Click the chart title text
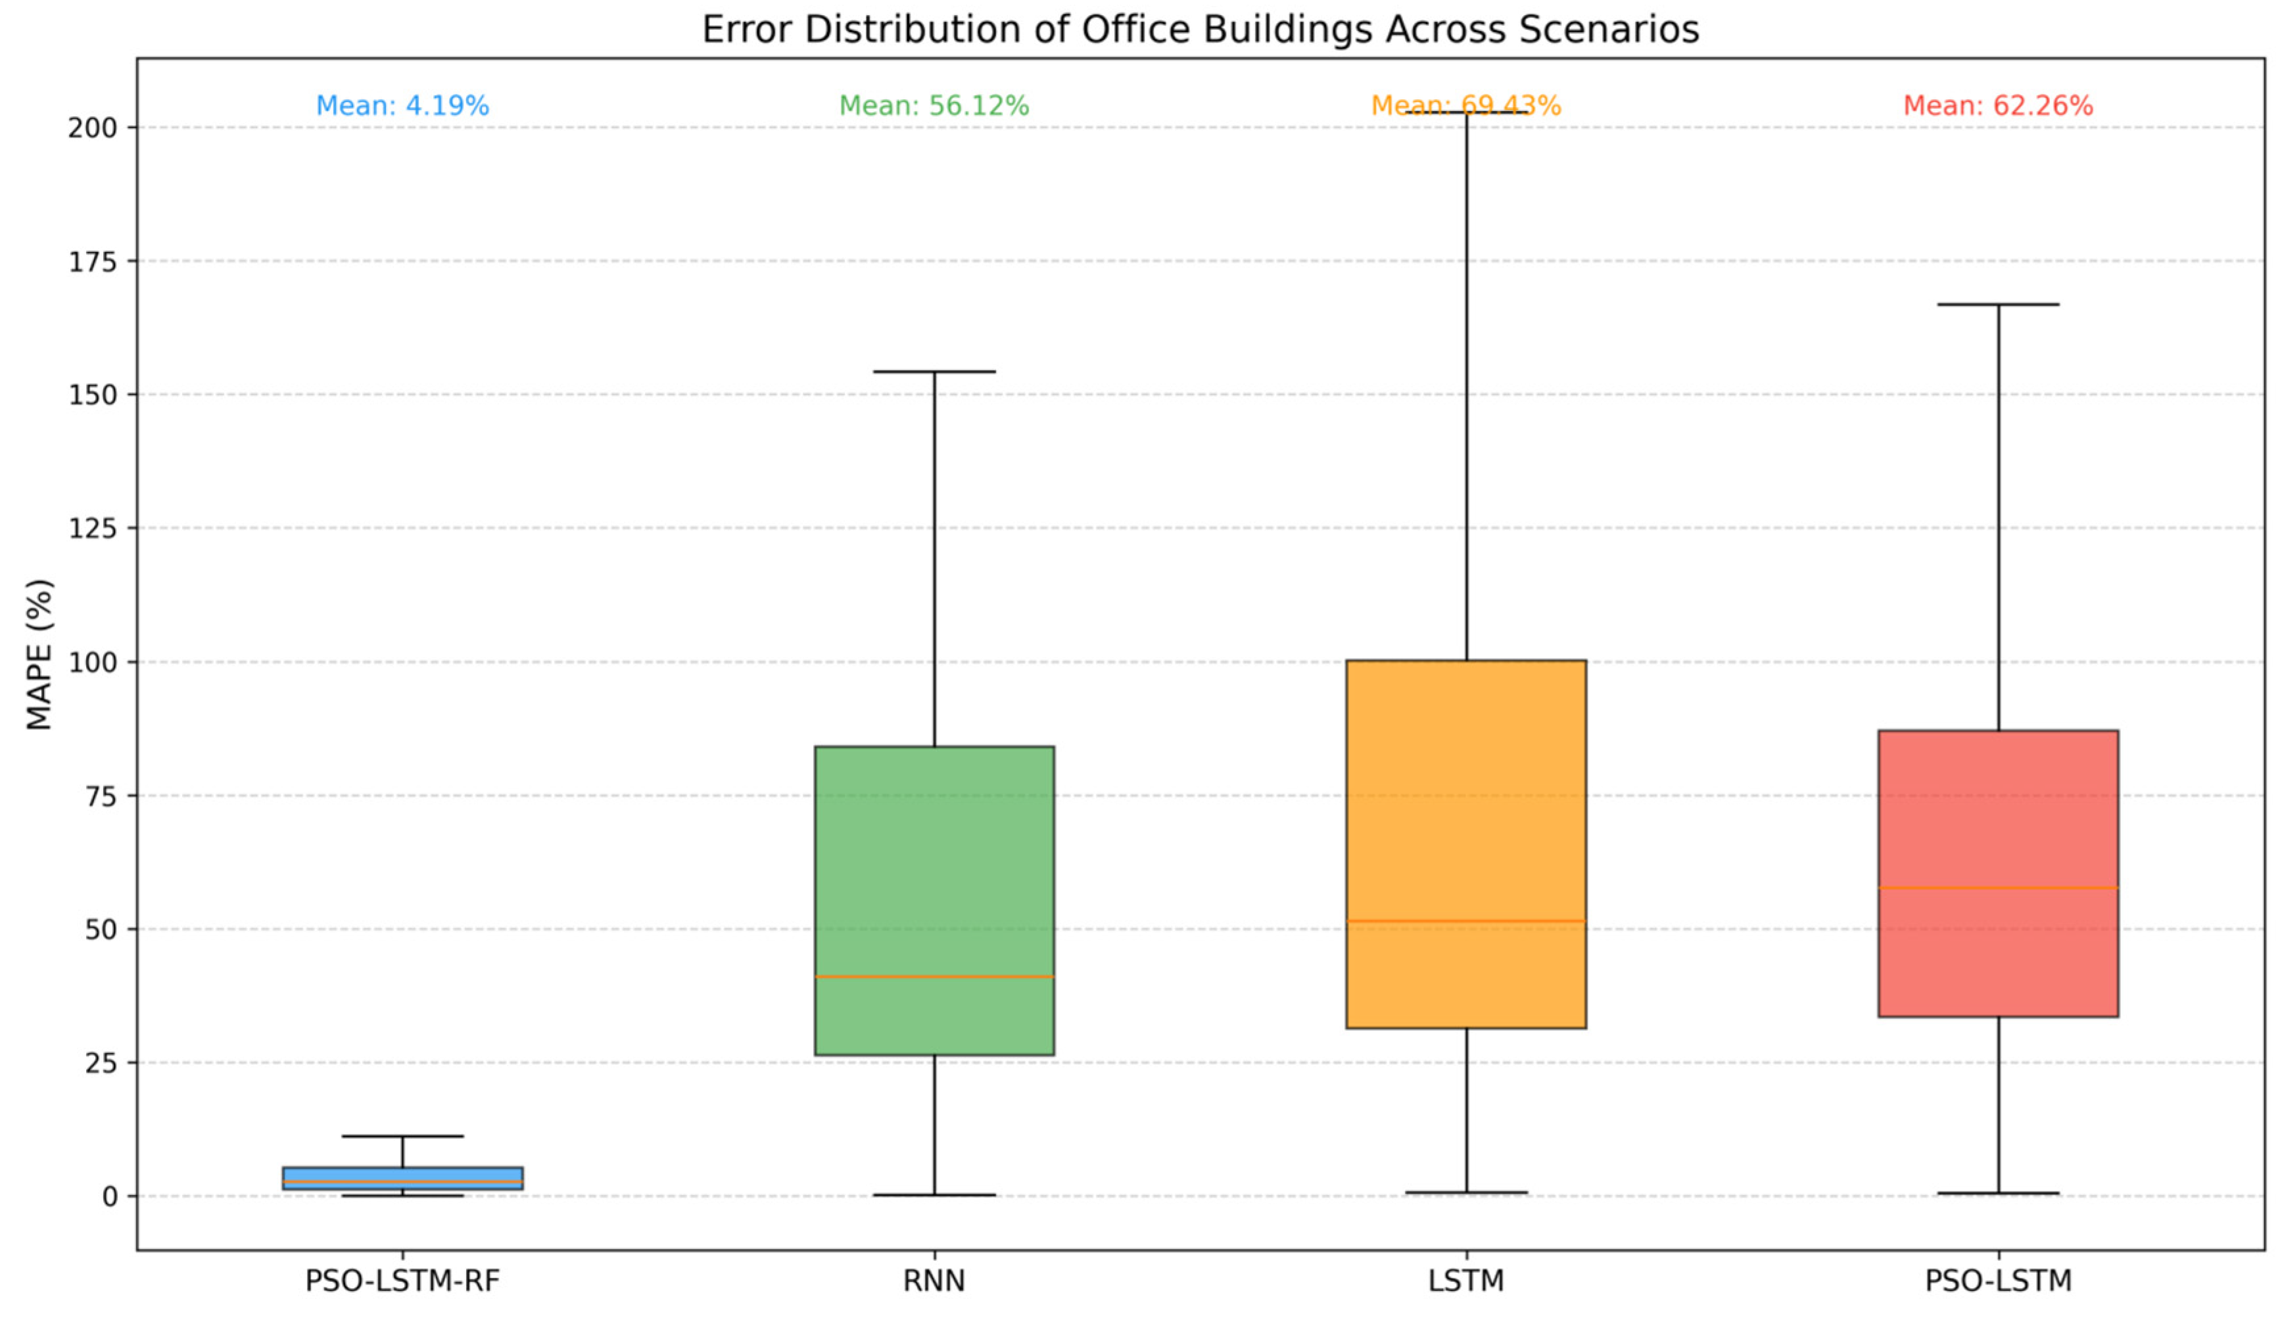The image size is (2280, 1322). pyautogui.click(x=1200, y=30)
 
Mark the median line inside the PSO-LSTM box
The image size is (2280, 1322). pyautogui.click(x=1998, y=887)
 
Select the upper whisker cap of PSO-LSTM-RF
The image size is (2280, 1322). pyautogui.click(x=402, y=1135)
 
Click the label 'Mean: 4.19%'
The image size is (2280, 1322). pyautogui.click(x=402, y=106)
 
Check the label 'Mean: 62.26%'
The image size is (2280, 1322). pyautogui.click(x=1998, y=106)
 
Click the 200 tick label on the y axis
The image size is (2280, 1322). pyautogui.click(x=92, y=128)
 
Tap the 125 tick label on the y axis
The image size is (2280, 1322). pyautogui.click(x=92, y=529)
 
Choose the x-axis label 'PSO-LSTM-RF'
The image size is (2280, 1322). pyautogui.click(x=402, y=1281)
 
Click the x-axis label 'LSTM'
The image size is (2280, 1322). pyautogui.click(x=1465, y=1281)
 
